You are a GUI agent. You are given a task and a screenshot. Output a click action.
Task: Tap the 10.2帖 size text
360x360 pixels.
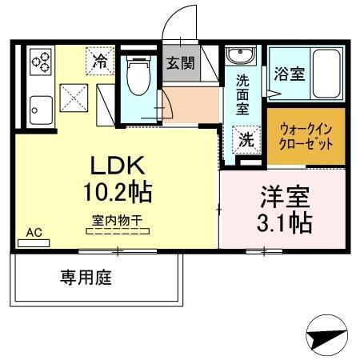pyautogui.click(x=117, y=192)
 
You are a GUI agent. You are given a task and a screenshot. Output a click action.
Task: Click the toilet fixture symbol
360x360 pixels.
pyautogui.click(x=138, y=78)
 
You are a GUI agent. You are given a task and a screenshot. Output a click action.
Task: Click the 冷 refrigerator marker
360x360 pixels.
pyautogui.click(x=101, y=61)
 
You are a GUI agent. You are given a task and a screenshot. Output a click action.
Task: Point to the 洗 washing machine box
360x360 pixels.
pyautogui.click(x=247, y=138)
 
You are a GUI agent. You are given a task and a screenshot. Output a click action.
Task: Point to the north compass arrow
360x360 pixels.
pyautogui.click(x=328, y=335)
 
